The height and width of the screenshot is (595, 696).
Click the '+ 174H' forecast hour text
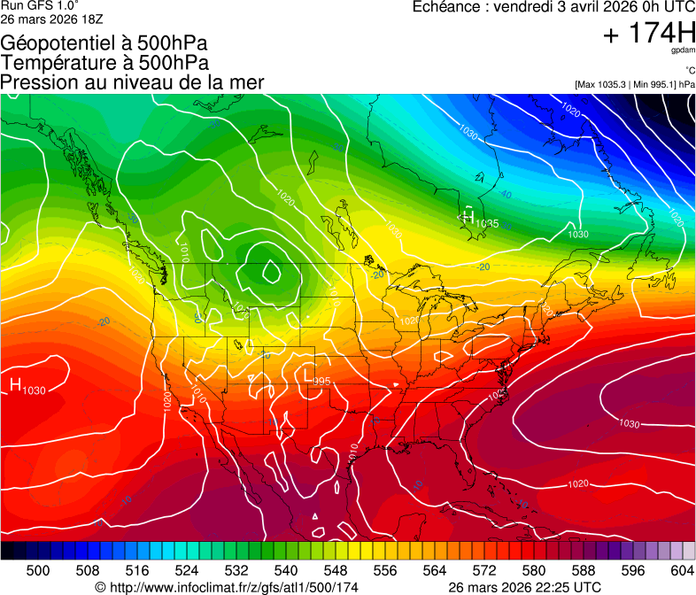click(648, 34)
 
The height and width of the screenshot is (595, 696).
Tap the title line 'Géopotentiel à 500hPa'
click(104, 43)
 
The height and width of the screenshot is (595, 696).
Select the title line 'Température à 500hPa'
click(104, 63)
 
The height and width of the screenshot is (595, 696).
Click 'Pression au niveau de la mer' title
click(132, 82)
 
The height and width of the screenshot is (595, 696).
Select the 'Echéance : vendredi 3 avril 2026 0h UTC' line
click(553, 7)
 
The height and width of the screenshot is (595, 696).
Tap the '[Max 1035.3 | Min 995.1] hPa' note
click(634, 84)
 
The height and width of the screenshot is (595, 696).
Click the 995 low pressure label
click(321, 381)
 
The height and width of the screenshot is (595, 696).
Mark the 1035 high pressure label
click(486, 223)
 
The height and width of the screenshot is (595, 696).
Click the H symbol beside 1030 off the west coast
click(15, 384)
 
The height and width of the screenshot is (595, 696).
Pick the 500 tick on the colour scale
click(38, 569)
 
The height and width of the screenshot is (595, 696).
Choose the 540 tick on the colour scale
click(286, 569)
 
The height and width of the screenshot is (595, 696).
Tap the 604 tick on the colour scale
click(682, 569)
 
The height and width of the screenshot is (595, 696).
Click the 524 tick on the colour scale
click(187, 569)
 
